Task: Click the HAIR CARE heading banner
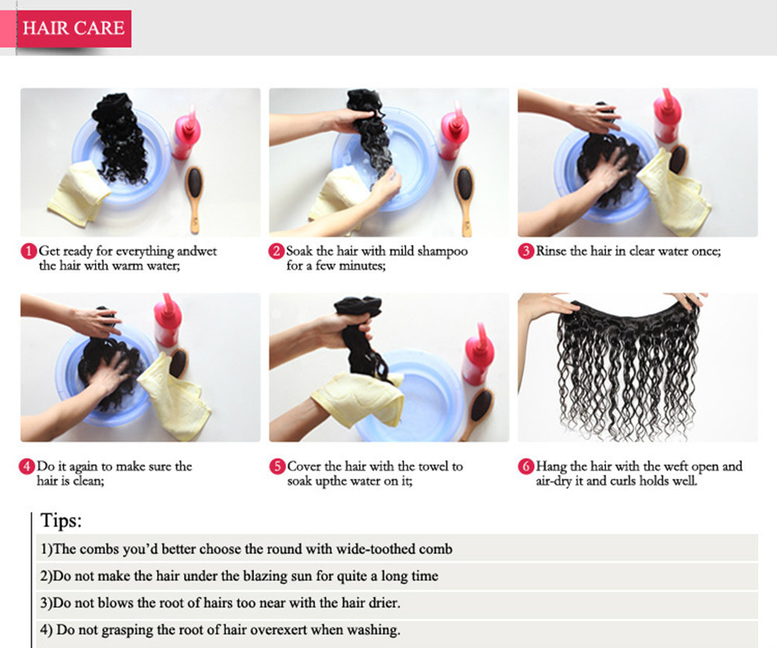(x=74, y=29)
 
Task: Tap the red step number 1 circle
(x=29, y=251)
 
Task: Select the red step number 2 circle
(x=277, y=251)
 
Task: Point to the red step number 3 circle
(x=526, y=251)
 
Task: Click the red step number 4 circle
(x=27, y=467)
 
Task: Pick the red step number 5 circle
(x=277, y=467)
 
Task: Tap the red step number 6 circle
(x=526, y=467)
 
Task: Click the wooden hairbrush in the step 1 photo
(x=195, y=199)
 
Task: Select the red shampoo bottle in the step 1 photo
(x=186, y=133)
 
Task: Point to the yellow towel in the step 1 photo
(x=78, y=193)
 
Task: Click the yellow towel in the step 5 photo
(x=357, y=399)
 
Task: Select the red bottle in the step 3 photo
(x=667, y=117)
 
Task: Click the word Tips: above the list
(x=61, y=521)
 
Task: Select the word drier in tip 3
(x=384, y=602)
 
